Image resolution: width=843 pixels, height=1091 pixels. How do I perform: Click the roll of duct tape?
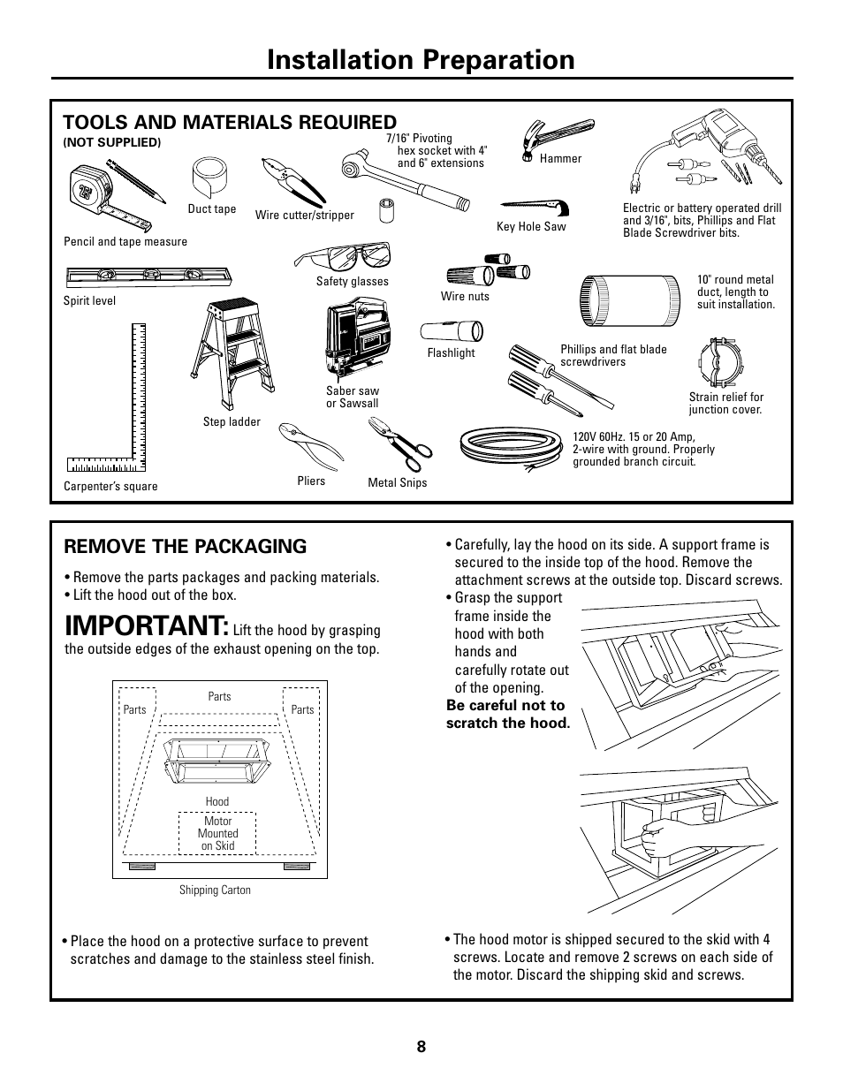[x=210, y=178]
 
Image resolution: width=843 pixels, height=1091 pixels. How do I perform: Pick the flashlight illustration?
[x=451, y=331]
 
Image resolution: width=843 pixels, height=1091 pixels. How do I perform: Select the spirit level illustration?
[x=148, y=278]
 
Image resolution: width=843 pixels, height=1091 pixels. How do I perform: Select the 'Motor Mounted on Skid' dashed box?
[x=217, y=833]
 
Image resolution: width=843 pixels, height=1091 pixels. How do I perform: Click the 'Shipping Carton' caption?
[x=215, y=890]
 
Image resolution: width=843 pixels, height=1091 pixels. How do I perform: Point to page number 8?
[x=421, y=1047]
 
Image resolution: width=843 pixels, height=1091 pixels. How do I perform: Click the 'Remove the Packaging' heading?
[x=186, y=546]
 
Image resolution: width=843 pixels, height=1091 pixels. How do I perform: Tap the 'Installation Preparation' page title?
[x=421, y=59]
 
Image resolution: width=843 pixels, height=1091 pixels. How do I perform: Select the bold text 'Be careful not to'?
[x=505, y=705]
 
